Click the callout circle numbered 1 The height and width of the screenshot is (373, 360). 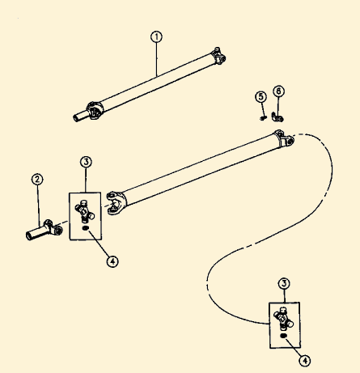pos(156,37)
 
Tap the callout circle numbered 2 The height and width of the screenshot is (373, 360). pos(37,179)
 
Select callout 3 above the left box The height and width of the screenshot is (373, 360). pos(86,162)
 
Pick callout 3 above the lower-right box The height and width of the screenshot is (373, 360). pos(284,283)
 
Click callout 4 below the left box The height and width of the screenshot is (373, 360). pos(112,261)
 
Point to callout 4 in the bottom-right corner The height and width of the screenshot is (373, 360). pos(305,361)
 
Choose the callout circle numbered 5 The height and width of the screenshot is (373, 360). pos(260,97)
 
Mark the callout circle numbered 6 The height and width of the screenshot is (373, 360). pos(278,91)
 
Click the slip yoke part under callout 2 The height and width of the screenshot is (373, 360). pos(44,231)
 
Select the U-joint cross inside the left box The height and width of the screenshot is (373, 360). pos(84,212)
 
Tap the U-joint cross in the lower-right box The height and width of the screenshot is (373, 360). pos(283,319)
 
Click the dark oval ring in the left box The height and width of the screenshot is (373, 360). pos(85,228)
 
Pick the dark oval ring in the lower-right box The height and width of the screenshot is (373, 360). pos(283,336)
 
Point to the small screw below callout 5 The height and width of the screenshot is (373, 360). pos(263,117)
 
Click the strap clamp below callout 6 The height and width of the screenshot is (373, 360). pos(277,117)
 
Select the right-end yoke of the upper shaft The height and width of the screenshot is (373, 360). pos(218,56)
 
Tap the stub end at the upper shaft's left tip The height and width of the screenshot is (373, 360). pos(80,117)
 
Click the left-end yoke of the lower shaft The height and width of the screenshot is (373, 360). pos(116,203)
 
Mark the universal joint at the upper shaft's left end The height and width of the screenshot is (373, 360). pos(95,110)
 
